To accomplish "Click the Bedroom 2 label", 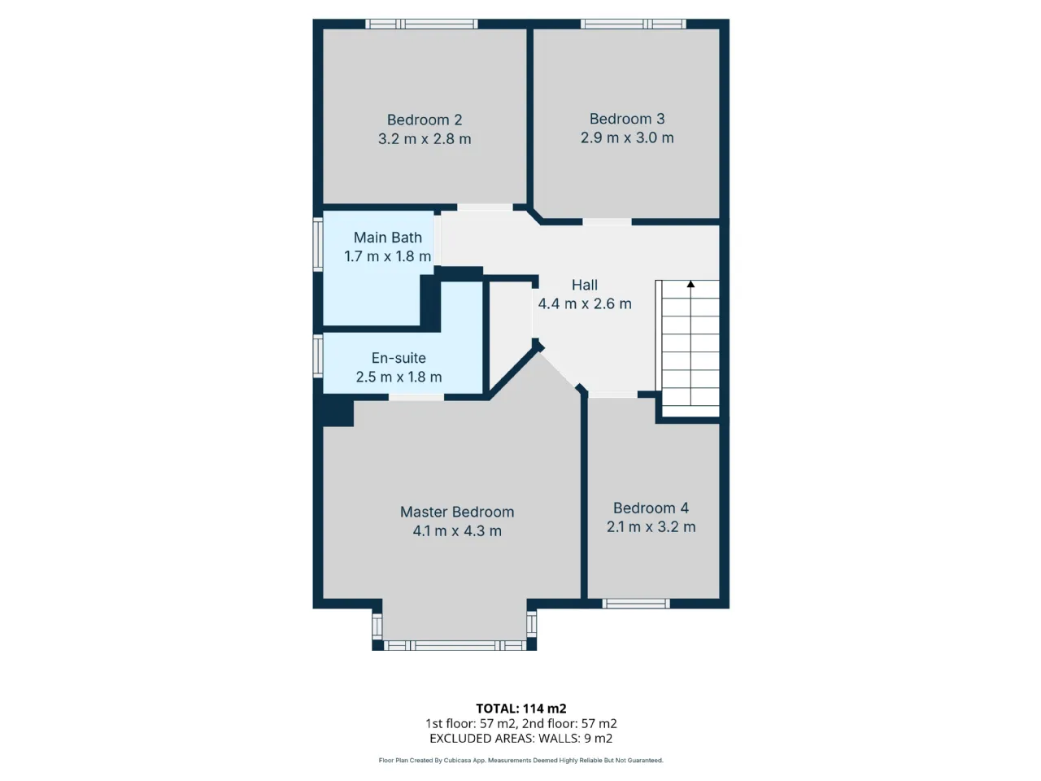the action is coord(424,120).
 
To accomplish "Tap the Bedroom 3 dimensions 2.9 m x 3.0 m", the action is coord(626,137).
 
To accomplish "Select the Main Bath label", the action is coord(387,237).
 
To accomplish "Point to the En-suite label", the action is coord(399,357).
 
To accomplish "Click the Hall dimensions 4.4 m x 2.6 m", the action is coord(584,303).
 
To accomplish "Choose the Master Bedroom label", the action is coord(457,512).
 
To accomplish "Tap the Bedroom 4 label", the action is coord(651,508).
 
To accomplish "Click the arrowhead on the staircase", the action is coord(690,284).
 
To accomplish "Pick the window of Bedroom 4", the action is coord(636,603).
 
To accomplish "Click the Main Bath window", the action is coord(318,244).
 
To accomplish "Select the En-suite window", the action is coord(318,356).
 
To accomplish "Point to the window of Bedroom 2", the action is coord(421,24).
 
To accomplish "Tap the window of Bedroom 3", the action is coord(633,24).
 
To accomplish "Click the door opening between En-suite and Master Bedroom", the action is coord(416,397).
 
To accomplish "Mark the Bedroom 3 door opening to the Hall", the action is coord(607,222).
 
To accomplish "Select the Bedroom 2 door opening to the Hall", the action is coord(485,207).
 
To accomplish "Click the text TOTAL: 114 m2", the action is coord(520,709).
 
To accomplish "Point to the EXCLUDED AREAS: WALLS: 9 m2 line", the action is coord(520,739).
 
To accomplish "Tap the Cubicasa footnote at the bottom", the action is coord(520,761).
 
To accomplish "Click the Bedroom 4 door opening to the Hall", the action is coord(612,395).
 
